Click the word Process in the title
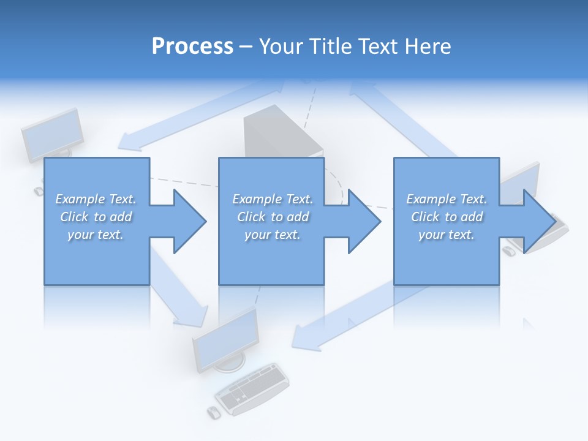tap(192, 47)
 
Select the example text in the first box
tap(96, 217)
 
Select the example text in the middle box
tap(272, 217)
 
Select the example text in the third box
tap(447, 217)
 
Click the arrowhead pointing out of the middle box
tap(364, 221)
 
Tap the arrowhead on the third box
tap(538, 221)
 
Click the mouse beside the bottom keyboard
tap(214, 412)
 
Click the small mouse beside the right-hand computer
tap(508, 251)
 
